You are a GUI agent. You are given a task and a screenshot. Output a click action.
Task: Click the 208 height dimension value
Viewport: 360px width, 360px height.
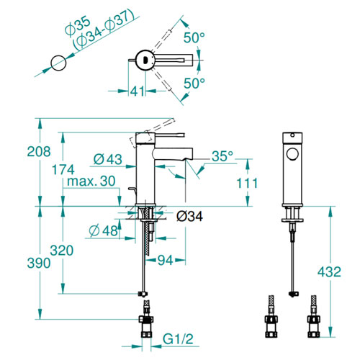point(39,151)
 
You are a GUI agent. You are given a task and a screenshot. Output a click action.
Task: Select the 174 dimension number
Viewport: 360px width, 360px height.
point(63,170)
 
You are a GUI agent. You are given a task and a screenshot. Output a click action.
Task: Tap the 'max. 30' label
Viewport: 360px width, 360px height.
point(91,181)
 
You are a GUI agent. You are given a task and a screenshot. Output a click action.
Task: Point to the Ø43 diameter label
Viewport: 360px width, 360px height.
point(108,159)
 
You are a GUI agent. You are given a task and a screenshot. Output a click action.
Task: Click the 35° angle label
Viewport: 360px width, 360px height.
point(222,156)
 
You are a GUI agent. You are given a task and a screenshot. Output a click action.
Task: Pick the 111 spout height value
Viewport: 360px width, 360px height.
point(247,183)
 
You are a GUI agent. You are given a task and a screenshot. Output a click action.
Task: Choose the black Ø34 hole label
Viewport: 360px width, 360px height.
point(189,216)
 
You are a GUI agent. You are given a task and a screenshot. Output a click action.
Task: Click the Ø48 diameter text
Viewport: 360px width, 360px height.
point(104,230)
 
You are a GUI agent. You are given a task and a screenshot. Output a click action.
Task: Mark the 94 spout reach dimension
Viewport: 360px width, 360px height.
point(165,260)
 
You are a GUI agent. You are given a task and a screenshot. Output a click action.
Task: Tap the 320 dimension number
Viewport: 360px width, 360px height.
point(62,251)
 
